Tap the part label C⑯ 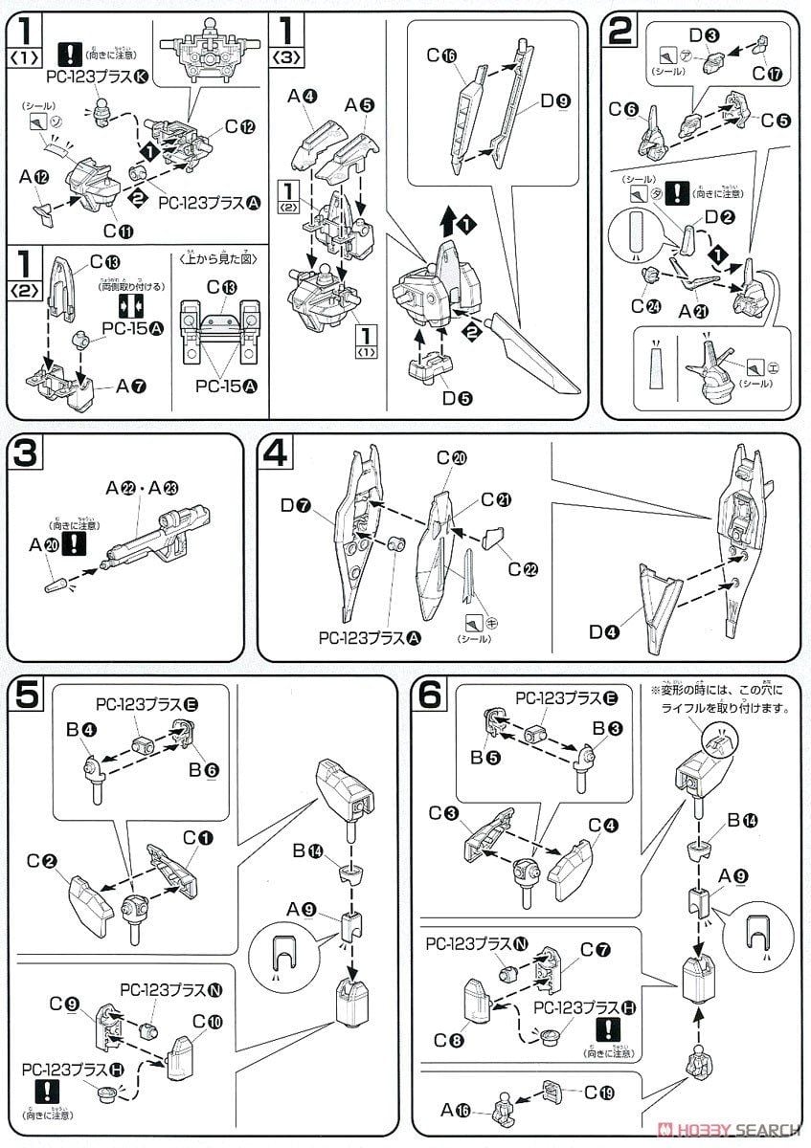442,55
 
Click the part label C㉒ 523,568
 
